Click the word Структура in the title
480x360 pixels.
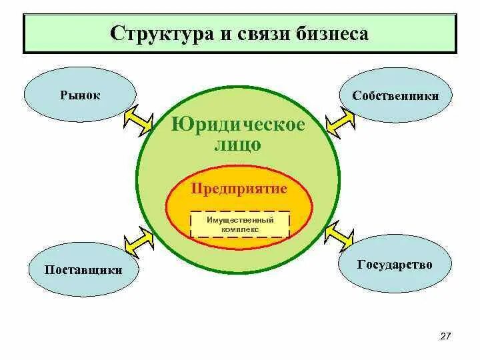(x=157, y=33)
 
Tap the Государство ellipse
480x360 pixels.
(x=395, y=265)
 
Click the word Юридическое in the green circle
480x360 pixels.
(x=238, y=125)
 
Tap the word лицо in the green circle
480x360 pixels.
(x=238, y=145)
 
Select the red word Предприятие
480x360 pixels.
(x=239, y=189)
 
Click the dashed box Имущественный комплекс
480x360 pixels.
(x=240, y=224)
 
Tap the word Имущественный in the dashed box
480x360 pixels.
(x=240, y=219)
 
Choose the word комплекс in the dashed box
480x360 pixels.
(x=240, y=229)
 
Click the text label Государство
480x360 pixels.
(x=395, y=265)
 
